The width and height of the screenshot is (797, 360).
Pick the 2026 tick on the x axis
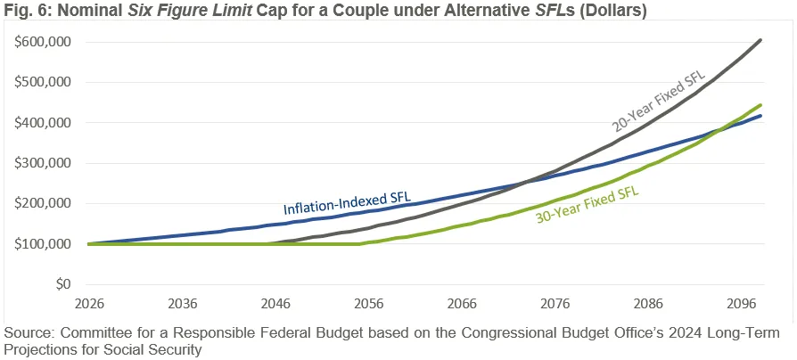point(89,302)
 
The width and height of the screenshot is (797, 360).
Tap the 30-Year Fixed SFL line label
point(587,203)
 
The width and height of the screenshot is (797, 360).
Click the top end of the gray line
point(760,40)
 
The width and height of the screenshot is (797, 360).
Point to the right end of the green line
point(760,105)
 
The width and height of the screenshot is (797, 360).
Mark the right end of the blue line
point(760,116)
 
